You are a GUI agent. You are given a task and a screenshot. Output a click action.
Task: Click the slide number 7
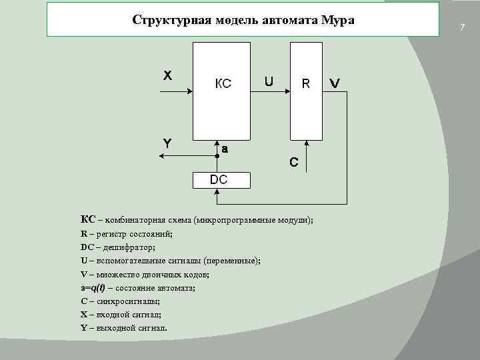coord(461,27)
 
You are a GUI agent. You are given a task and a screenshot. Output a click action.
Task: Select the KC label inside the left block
coord(223,84)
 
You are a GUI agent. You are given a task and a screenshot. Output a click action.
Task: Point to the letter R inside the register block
coord(306,83)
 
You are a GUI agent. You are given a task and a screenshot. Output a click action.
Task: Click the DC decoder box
coord(219,179)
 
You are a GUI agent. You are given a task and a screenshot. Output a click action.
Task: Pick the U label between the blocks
coord(268,82)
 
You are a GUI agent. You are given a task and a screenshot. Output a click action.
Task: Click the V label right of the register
coord(335,84)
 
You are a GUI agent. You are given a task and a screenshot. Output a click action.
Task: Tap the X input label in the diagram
coord(167,75)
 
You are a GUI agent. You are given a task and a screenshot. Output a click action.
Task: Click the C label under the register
coord(293,162)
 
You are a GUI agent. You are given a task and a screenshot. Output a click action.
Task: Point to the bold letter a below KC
coord(225,149)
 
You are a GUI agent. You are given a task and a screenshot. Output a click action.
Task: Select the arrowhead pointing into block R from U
coord(286,92)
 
